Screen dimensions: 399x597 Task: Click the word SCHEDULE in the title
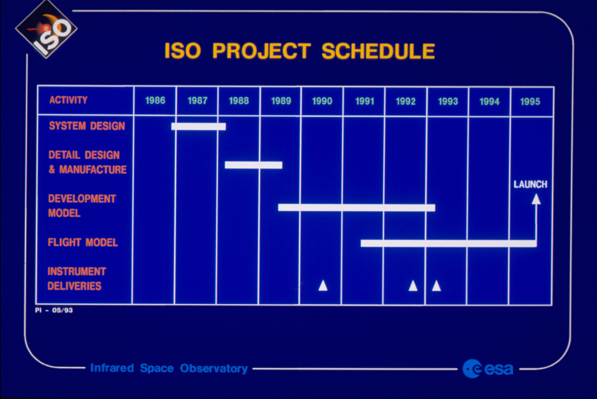378,51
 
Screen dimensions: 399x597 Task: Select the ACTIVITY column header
68,100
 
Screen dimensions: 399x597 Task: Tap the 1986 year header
155,101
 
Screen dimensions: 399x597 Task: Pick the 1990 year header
322,101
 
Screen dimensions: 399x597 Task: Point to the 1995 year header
530,102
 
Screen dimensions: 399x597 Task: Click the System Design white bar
198,127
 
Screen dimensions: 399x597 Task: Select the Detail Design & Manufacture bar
253,165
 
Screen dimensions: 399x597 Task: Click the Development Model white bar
356,208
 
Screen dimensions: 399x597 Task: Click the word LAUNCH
530,184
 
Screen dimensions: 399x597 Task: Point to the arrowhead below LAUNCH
536,199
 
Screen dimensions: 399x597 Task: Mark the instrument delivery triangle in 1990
323,286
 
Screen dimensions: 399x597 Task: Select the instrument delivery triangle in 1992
413,286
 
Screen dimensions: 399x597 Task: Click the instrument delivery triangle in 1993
436,286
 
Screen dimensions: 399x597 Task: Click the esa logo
487,369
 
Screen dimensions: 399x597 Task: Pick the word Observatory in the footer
214,368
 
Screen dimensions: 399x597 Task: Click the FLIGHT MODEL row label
83,242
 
